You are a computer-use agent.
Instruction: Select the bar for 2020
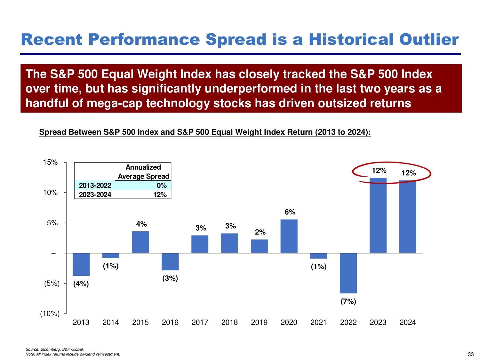[289, 236]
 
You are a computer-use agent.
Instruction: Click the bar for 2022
[348, 273]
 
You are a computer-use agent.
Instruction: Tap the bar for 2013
[81, 264]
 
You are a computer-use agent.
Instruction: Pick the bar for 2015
[140, 242]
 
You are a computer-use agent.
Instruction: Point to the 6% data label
[290, 212]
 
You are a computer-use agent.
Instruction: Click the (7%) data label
[348, 301]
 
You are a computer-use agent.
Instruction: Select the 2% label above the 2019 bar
[260, 232]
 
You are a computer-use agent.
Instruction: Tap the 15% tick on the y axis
[50, 163]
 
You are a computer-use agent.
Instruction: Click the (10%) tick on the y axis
[50, 314]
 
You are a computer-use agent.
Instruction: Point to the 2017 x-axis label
[200, 323]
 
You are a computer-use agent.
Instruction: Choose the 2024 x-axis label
[407, 323]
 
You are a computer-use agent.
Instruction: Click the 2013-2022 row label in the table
[95, 186]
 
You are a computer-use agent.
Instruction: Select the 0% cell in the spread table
[162, 186]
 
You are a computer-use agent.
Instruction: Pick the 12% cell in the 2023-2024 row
[160, 195]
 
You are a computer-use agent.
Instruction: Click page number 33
[471, 354]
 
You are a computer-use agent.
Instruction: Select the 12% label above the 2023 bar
[379, 171]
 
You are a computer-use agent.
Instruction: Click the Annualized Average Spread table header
[143, 172]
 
